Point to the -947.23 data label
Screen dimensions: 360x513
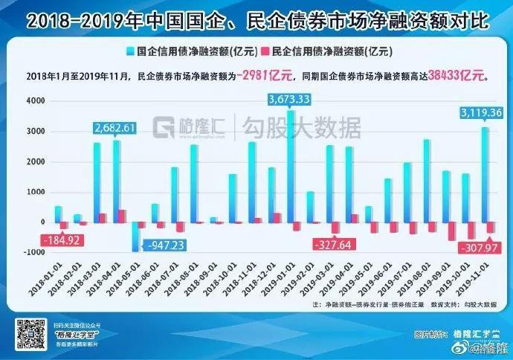point(165,243)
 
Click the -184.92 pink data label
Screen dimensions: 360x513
point(63,240)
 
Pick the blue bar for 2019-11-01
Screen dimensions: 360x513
point(485,174)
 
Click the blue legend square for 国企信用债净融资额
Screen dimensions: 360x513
point(130,52)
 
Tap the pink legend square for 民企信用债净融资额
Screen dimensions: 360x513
point(266,52)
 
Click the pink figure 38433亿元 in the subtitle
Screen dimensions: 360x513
point(460,75)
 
